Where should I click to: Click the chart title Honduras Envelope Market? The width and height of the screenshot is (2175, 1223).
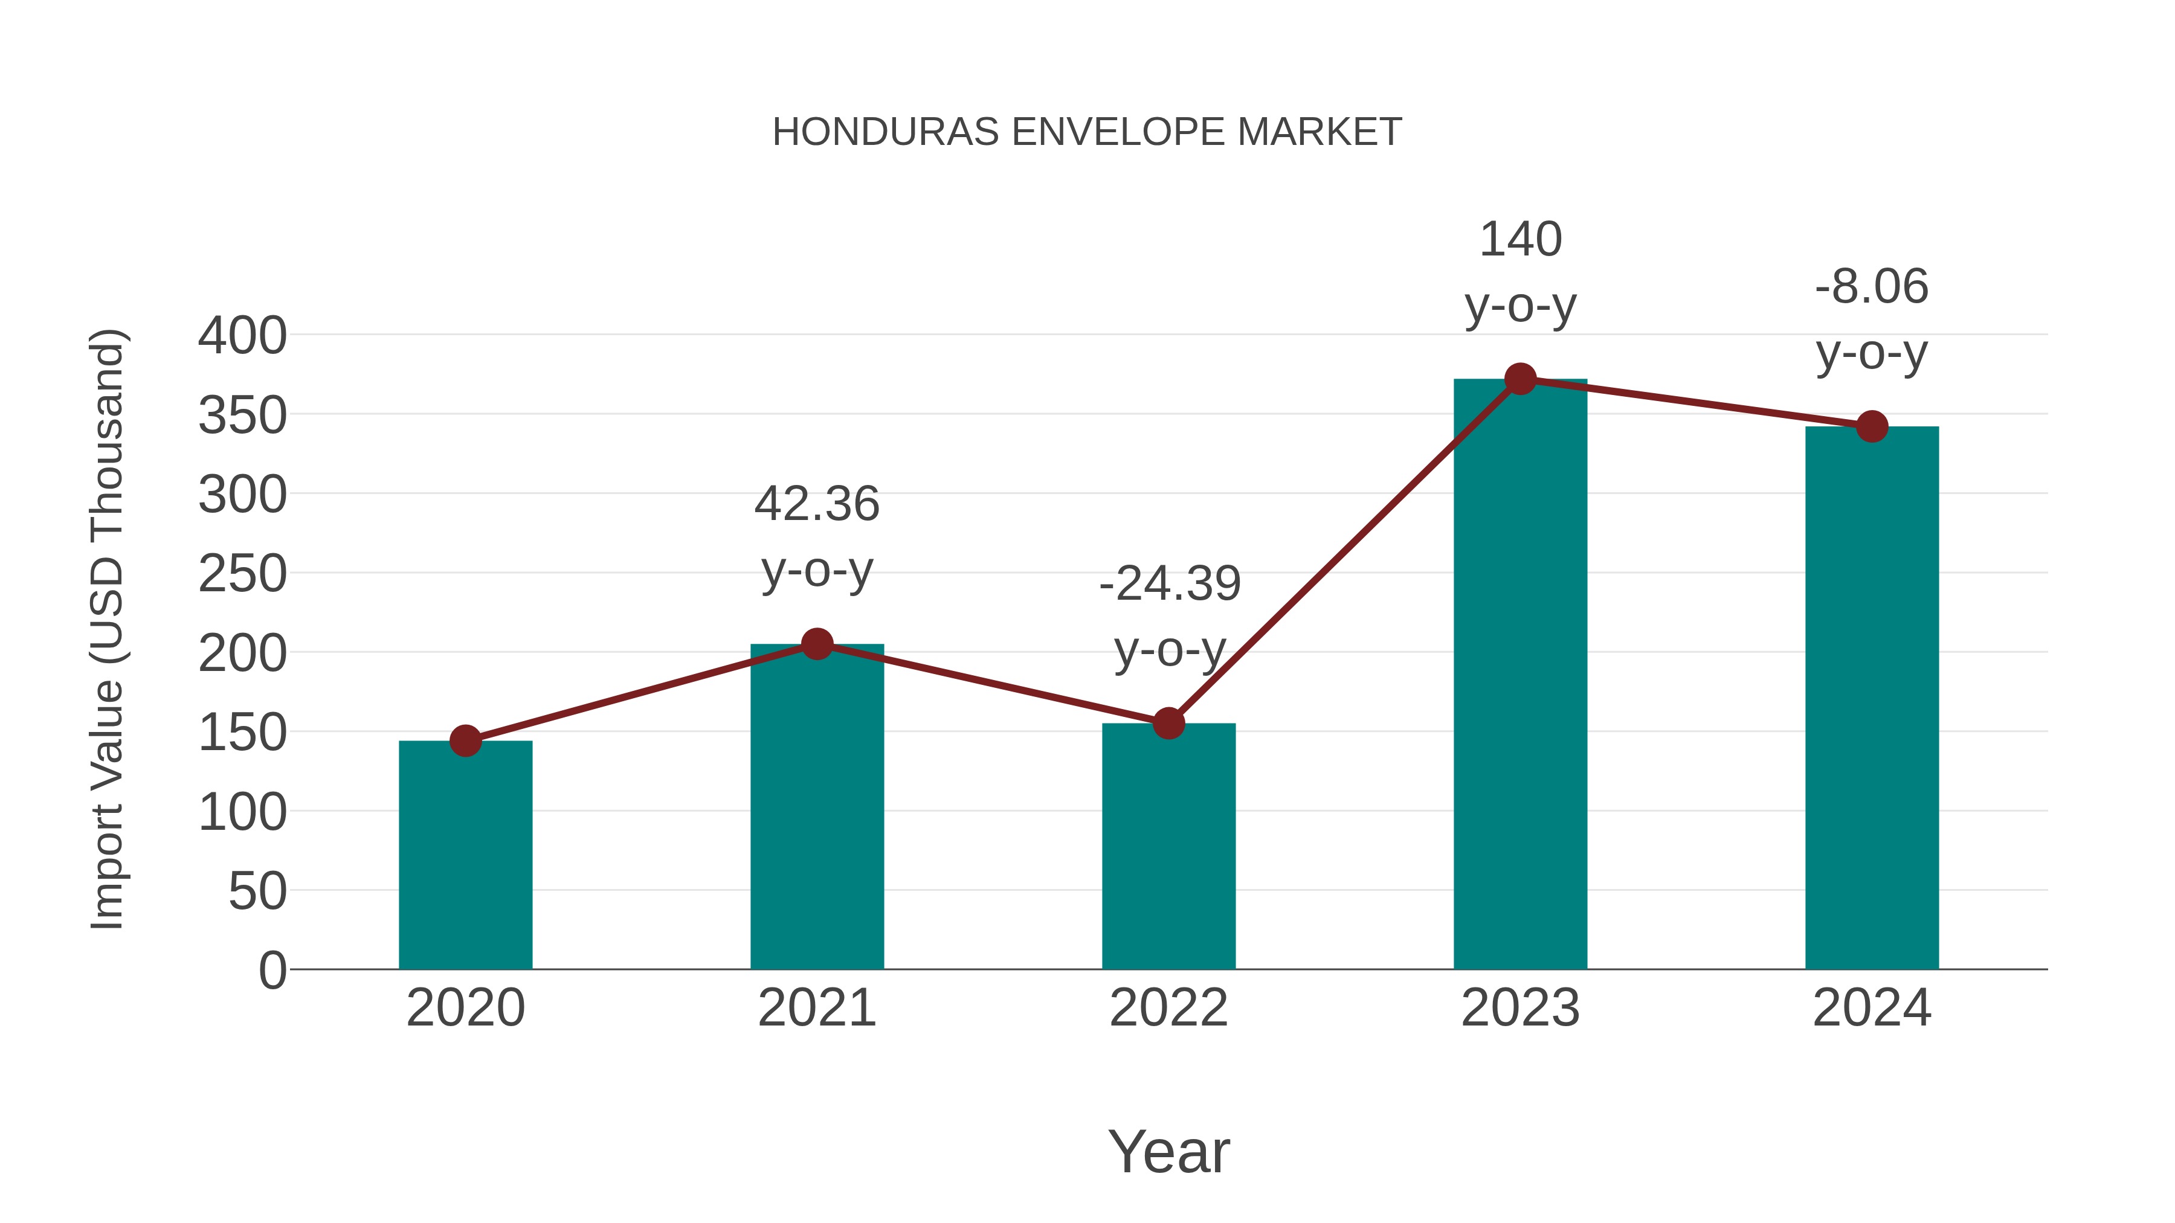(x=1087, y=132)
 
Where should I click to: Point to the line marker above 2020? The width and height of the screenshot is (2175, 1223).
(x=465, y=741)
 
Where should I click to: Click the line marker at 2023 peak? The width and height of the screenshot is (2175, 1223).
(x=1520, y=379)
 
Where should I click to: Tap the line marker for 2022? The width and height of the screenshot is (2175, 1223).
(x=1168, y=724)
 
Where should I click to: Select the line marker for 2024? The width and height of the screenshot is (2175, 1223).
(x=1872, y=426)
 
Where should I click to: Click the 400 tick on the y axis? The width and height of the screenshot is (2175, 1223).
(x=242, y=336)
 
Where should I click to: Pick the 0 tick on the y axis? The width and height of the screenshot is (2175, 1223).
(x=272, y=970)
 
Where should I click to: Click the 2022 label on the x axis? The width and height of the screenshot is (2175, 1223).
(x=1168, y=1008)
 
